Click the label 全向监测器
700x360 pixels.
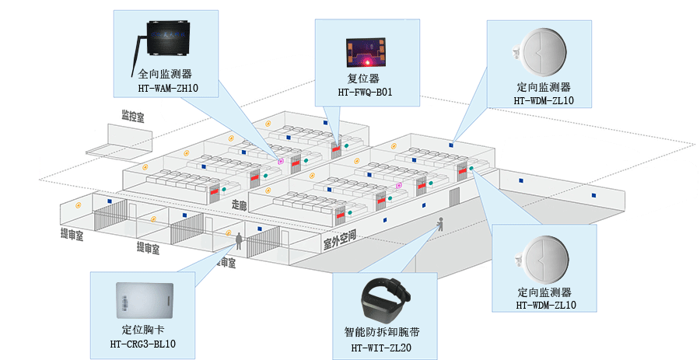coord(164,75)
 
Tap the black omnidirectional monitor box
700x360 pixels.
coord(169,44)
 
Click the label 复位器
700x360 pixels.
coord(363,79)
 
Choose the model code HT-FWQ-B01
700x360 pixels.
coord(366,93)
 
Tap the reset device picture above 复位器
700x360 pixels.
coord(366,52)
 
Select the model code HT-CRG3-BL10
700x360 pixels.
coord(143,344)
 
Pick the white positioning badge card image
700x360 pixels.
coord(142,299)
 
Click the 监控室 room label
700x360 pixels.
coord(132,117)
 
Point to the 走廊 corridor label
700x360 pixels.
coord(239,205)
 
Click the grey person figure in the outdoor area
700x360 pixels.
coord(441,225)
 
